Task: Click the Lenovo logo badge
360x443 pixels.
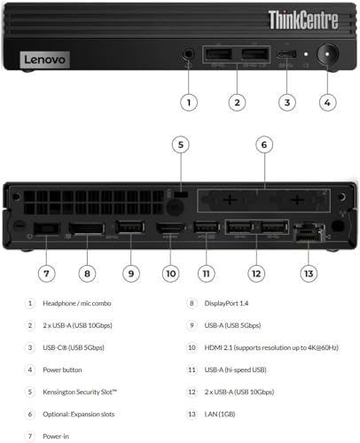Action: [45, 59]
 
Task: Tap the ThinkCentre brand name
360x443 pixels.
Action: [303, 20]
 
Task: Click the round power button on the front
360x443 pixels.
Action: [327, 54]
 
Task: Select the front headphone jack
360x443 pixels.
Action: [188, 54]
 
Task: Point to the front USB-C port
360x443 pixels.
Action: [286, 54]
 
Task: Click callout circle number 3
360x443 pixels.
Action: [287, 103]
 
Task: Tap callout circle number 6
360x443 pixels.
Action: [264, 144]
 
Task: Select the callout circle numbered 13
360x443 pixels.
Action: [309, 274]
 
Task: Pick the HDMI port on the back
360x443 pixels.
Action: [170, 228]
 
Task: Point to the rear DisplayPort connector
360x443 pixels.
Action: [87, 229]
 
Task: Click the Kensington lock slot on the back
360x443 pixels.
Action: [181, 194]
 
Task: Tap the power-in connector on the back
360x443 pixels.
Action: [46, 229]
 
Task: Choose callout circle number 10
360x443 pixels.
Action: [171, 274]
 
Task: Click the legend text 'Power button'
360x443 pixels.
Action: [62, 369]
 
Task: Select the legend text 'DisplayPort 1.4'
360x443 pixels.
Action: [226, 303]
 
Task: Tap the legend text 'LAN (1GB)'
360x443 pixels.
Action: [220, 414]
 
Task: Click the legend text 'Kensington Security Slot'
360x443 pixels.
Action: [80, 392]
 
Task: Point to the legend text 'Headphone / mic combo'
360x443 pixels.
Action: [77, 303]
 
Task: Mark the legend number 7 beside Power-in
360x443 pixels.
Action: [30, 436]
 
